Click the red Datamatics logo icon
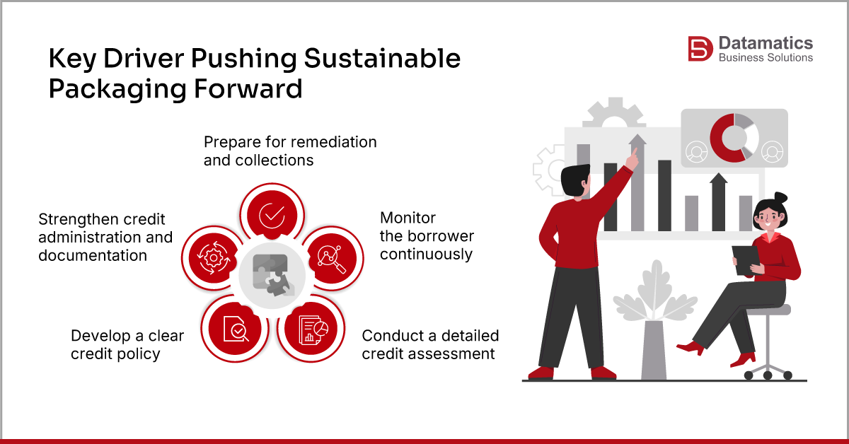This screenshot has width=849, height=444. pos(700,49)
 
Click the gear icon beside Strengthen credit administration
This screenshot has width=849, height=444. pos(212,258)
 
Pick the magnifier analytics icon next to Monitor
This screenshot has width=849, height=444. pos(330,258)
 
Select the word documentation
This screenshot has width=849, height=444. pos(93,255)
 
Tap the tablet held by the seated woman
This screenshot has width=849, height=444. pos(744,259)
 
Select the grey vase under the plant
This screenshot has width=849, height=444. pos(652,350)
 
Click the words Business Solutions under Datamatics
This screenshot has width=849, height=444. pos(766,58)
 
